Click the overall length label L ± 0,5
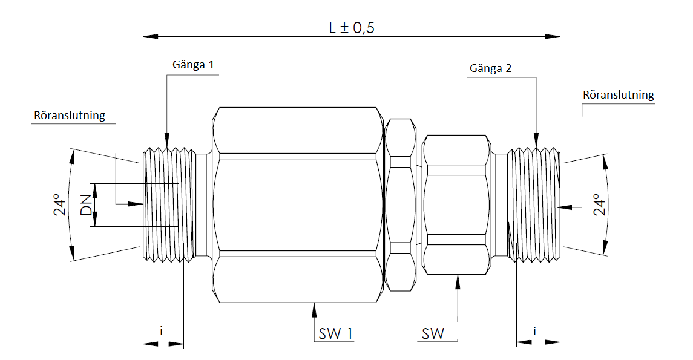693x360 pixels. [x=352, y=28]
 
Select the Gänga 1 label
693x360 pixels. [x=193, y=65]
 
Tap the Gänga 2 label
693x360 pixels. [x=490, y=68]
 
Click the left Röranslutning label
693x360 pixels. [x=70, y=115]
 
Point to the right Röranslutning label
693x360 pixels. [x=618, y=95]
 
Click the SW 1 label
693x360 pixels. [x=334, y=333]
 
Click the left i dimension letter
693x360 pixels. [x=162, y=331]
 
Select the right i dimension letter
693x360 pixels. [x=536, y=331]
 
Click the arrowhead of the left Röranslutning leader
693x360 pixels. [x=138, y=205]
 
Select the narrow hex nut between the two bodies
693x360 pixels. [x=400, y=206]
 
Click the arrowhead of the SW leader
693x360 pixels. [x=458, y=280]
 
